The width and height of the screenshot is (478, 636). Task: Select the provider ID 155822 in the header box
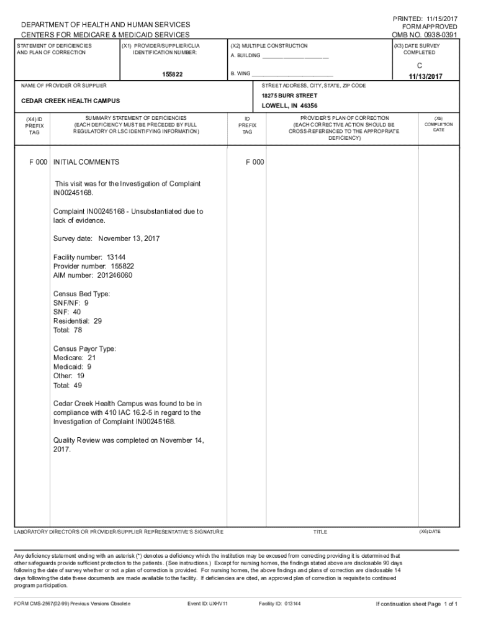[173, 75]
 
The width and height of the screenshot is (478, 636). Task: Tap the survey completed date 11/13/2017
[425, 76]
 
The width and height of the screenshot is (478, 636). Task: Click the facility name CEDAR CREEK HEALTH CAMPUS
[71, 101]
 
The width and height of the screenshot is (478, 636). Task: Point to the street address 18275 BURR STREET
[289, 96]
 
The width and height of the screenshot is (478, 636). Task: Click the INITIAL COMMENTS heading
[86, 162]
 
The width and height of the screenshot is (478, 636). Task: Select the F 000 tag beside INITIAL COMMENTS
[38, 162]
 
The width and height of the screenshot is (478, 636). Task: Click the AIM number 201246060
[92, 275]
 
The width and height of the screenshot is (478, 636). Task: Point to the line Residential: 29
[78, 321]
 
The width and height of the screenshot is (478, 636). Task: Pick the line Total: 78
[68, 330]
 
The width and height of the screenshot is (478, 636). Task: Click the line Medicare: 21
[74, 358]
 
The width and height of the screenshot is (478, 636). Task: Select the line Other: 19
[69, 376]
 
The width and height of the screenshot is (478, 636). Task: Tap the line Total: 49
[68, 385]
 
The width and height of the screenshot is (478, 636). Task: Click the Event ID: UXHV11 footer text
[207, 603]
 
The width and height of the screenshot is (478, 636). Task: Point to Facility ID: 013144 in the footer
[279, 603]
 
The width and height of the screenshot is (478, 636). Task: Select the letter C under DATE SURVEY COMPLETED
[420, 65]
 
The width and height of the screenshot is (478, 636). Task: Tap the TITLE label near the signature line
[320, 532]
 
